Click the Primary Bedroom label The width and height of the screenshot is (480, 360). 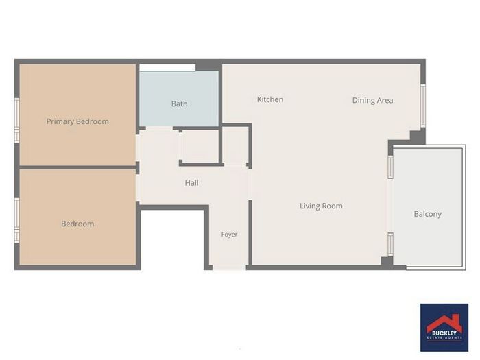(77, 121)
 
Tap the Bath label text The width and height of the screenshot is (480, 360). (180, 104)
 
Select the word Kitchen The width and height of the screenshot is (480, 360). (270, 99)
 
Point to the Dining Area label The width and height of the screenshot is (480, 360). (372, 100)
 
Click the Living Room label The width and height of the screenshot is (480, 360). (321, 206)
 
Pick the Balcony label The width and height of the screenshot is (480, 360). (428, 214)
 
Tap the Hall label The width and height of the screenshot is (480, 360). (191, 183)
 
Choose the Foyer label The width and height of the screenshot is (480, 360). (229, 235)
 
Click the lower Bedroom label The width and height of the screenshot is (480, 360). (77, 224)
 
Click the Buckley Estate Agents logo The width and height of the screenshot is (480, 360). (444, 328)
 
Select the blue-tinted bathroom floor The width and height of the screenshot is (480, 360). (179, 99)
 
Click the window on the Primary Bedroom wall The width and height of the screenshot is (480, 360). (17, 120)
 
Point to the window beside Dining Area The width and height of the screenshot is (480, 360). (423, 106)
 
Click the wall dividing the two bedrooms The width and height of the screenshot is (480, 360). (77, 167)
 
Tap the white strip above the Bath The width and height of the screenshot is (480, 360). (167, 67)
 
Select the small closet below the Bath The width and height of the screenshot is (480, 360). (200, 146)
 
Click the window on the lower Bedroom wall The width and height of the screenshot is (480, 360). (17, 220)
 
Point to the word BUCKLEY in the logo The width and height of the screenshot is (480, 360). (444, 333)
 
